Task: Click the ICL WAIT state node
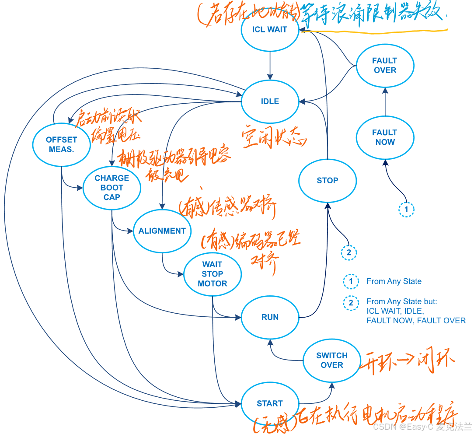270,30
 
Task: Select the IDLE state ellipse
270,101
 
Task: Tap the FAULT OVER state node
385,66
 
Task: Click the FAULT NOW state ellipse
385,137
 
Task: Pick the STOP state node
328,180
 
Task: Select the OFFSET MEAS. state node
62,144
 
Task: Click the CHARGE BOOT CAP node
112,188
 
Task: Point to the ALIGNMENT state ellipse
162,231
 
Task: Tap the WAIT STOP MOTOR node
213,274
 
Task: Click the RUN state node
270,317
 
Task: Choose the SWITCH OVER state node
332,360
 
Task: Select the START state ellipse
270,403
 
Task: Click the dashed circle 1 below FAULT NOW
406,210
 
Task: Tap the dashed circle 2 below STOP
349,253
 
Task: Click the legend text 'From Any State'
394,281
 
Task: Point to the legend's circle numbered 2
351,302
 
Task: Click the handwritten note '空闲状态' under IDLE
275,139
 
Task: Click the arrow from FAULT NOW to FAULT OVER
385,103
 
